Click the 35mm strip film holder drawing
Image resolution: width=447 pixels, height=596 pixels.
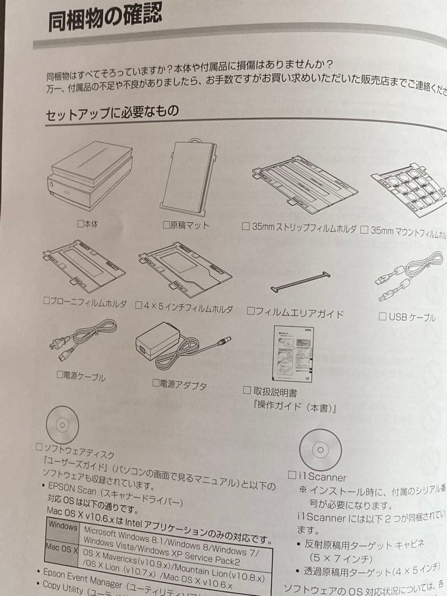click(x=304, y=185)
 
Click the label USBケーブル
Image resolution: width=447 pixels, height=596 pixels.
click(x=411, y=317)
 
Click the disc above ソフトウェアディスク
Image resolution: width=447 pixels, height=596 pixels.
click(x=62, y=425)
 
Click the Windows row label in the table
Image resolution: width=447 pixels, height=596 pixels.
click(x=63, y=526)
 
